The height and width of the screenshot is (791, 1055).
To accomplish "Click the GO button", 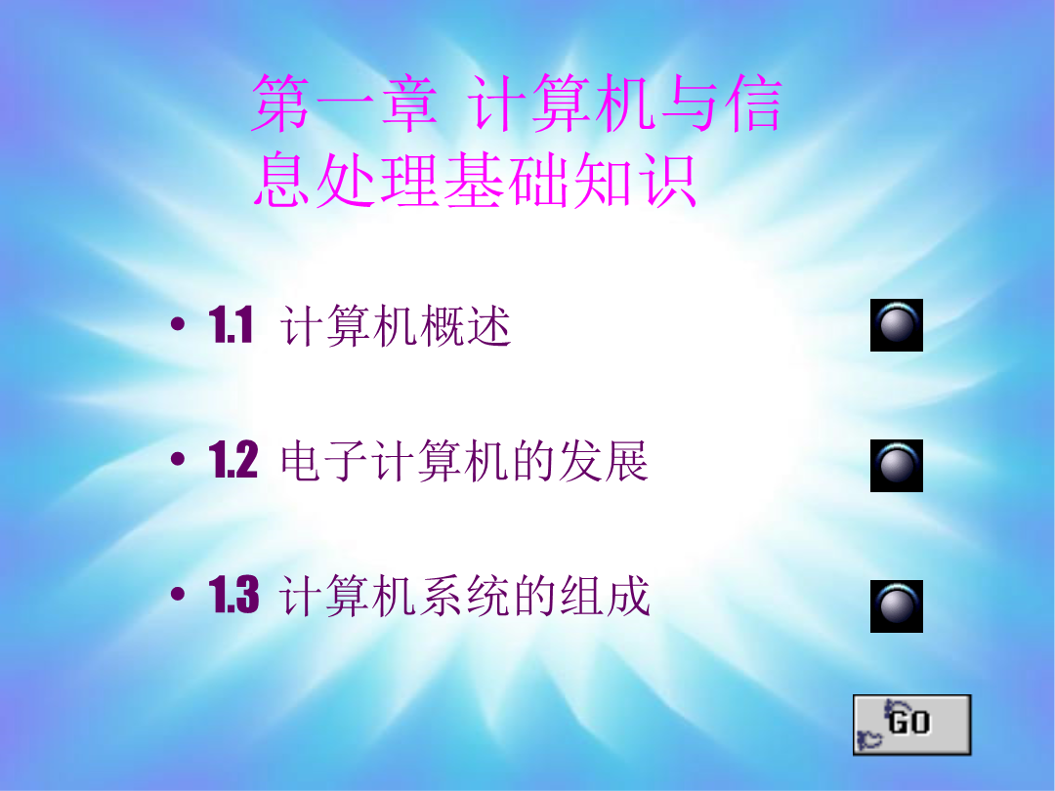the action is pyautogui.click(x=911, y=725).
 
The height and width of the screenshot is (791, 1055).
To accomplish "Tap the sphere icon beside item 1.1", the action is pyautogui.click(x=896, y=325).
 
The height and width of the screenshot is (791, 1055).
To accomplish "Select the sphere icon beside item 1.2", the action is pyautogui.click(x=896, y=466).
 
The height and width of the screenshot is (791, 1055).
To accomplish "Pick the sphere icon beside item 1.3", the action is pyautogui.click(x=896, y=606).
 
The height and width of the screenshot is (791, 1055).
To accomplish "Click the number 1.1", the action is pyautogui.click(x=231, y=325).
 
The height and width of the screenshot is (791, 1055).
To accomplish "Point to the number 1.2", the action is pyautogui.click(x=232, y=460).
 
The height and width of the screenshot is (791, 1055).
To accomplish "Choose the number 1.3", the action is pyautogui.click(x=233, y=595).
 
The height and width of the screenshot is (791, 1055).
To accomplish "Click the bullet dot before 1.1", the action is pyautogui.click(x=178, y=325).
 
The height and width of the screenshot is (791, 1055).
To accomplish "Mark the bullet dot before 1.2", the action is pyautogui.click(x=178, y=460).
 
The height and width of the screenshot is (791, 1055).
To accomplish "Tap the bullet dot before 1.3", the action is pyautogui.click(x=178, y=595).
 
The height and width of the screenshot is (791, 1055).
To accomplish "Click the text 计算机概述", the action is pyautogui.click(x=396, y=326).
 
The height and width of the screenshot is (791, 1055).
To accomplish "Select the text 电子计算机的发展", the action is pyautogui.click(x=464, y=461).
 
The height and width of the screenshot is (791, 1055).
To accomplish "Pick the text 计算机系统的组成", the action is pyautogui.click(x=465, y=596).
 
